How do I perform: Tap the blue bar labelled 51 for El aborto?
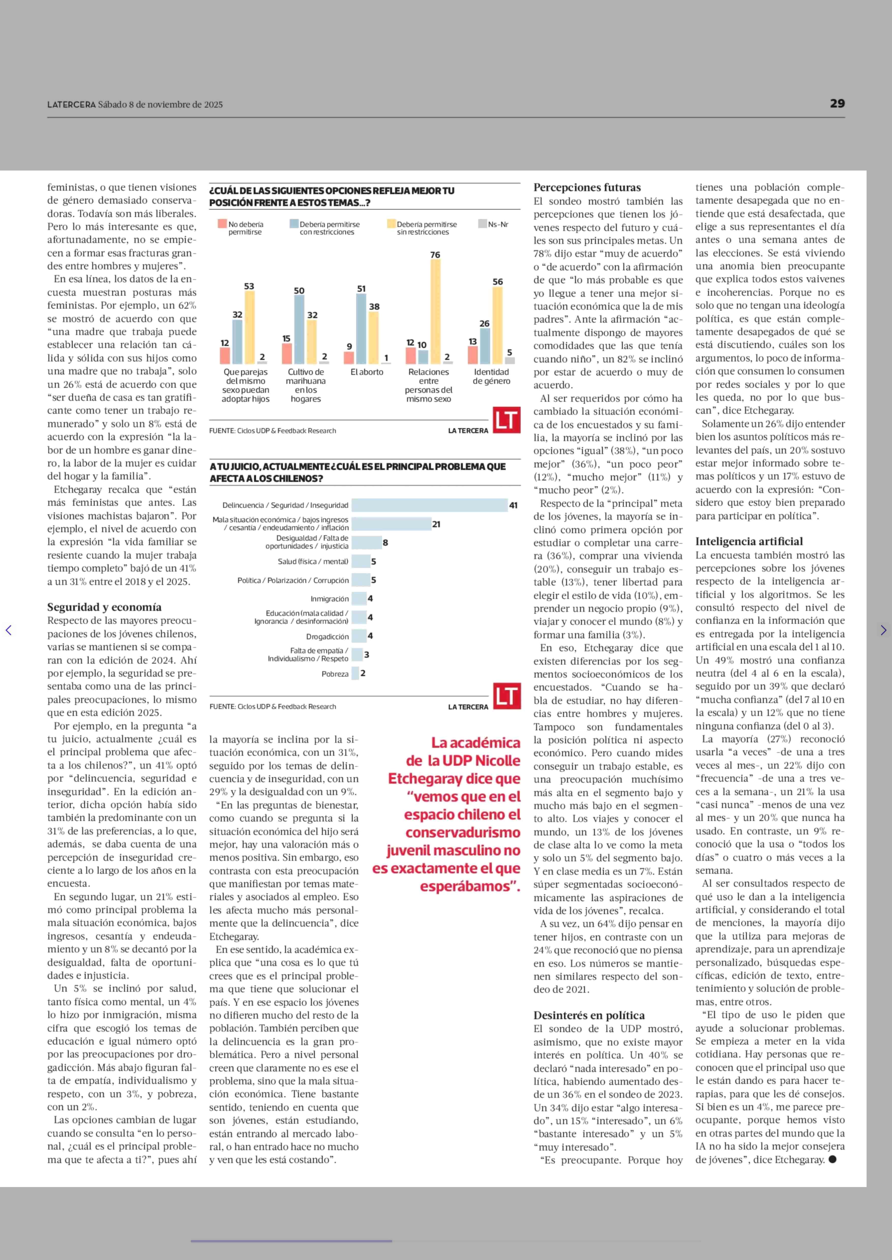[361, 328]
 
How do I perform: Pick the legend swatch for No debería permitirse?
[222, 224]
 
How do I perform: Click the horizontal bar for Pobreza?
[355, 673]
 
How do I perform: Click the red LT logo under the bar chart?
[506, 421]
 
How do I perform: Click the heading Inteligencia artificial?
[749, 541]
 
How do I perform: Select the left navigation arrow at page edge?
[8, 630]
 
